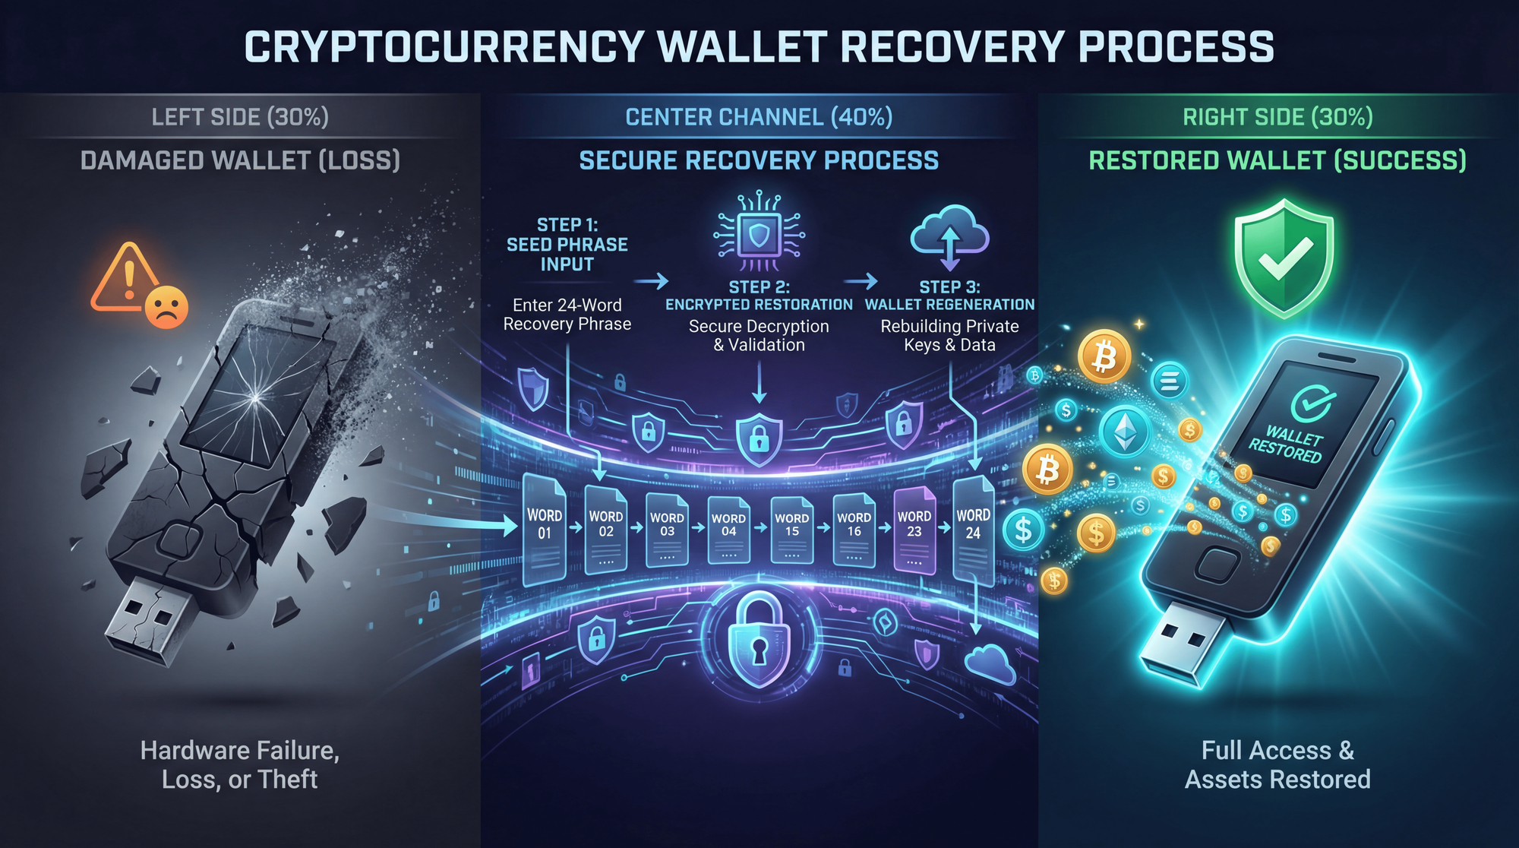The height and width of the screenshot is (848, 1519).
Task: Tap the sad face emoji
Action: point(166,307)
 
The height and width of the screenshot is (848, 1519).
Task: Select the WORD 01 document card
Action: point(545,528)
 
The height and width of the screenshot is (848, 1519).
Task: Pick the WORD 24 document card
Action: point(973,528)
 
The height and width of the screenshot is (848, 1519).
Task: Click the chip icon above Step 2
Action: point(759,234)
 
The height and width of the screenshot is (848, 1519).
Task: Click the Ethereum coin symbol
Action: point(1125,432)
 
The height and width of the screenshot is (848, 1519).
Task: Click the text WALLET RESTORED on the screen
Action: point(1286,445)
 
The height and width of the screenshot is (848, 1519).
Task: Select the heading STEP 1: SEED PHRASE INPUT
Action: point(567,245)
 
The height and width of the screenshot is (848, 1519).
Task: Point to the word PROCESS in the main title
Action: point(1176,47)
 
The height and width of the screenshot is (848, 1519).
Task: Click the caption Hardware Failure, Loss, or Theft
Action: point(239,764)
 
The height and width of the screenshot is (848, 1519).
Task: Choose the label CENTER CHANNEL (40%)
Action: point(759,117)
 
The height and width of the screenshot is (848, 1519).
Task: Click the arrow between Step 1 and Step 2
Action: point(651,282)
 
